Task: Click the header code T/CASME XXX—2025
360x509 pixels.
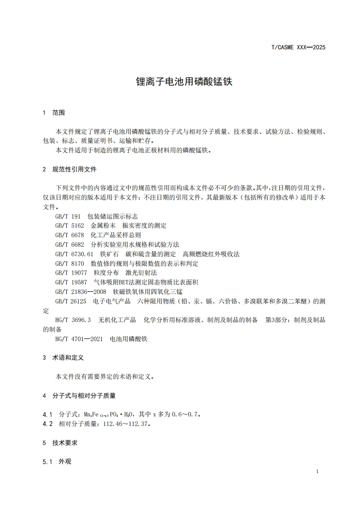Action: [x=298, y=47]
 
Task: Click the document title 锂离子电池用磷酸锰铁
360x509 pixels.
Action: [x=184, y=82]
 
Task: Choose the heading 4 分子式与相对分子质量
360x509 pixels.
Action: [x=79, y=396]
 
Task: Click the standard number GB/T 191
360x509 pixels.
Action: [x=68, y=216]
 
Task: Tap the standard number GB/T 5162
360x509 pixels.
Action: [x=69, y=225]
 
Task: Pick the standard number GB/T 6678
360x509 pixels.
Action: [x=69, y=235]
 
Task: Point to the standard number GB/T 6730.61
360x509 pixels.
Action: [x=74, y=254]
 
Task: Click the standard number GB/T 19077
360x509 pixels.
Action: [x=71, y=273]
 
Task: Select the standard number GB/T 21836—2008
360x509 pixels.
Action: [x=81, y=292]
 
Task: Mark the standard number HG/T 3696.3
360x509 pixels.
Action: [x=73, y=320]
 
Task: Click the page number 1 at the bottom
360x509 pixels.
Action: [x=317, y=471]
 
